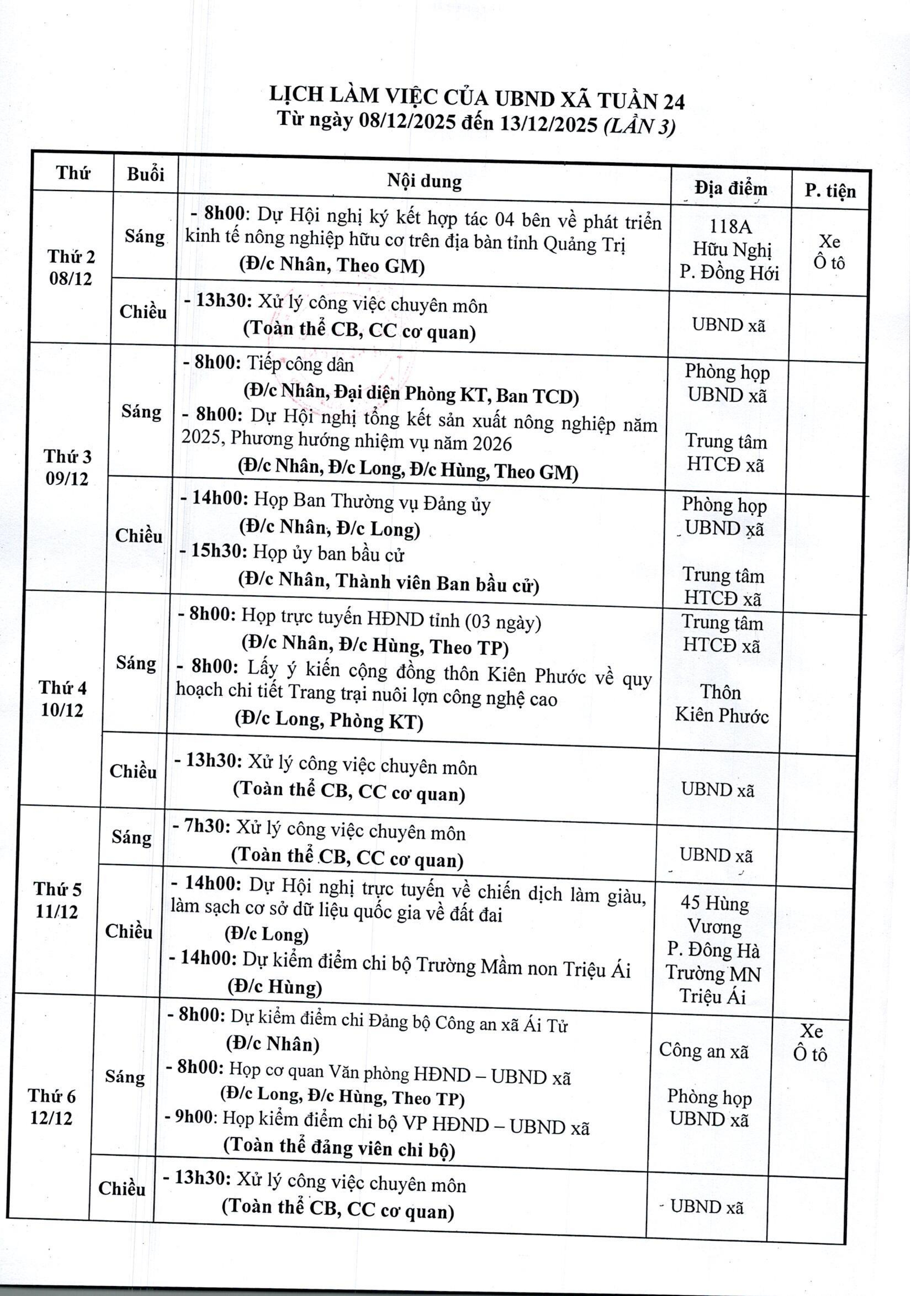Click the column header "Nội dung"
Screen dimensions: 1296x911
tap(424, 181)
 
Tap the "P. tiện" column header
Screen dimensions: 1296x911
tap(830, 191)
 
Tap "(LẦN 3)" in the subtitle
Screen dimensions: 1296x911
tap(639, 126)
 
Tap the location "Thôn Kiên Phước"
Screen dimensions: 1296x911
tap(721, 703)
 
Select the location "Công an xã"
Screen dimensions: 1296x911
tap(703, 1050)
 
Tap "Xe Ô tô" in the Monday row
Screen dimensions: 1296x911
tap(829, 252)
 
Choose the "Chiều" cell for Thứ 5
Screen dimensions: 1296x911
tap(129, 931)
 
